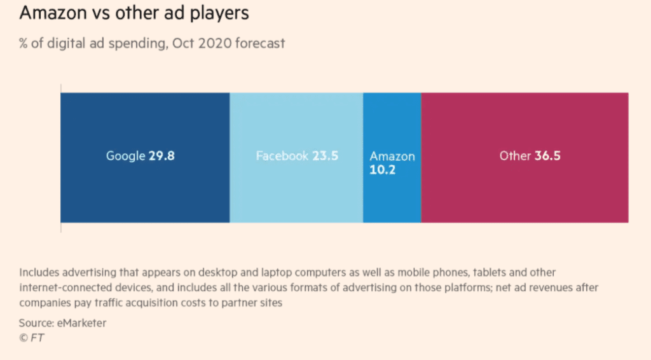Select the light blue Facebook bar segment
[x=296, y=191]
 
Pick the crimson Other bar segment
[x=524, y=191]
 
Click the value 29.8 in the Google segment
[x=161, y=156]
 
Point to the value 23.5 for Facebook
[x=325, y=156]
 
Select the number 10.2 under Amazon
[x=382, y=170]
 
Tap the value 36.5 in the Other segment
[x=547, y=156]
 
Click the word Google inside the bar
[x=125, y=156]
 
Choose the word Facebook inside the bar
[x=282, y=156]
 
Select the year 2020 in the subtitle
[x=216, y=44]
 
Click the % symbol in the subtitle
[x=24, y=44]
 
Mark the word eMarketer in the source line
[x=81, y=323]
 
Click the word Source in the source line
[x=35, y=323]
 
